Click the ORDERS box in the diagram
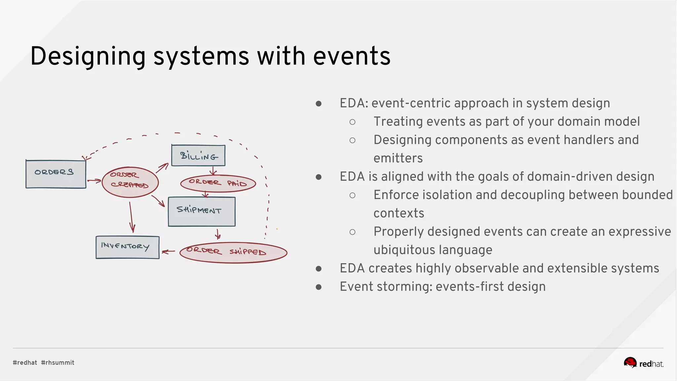pos(56,174)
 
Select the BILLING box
pos(198,155)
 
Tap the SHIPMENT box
pos(202,212)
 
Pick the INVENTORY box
pos(127,247)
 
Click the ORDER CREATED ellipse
pos(130,182)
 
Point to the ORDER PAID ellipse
pos(218,183)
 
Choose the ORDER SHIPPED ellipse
pos(233,253)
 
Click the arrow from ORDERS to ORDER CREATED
pos(94,181)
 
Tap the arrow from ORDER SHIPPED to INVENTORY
pos(169,252)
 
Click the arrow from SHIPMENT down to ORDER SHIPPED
pos(218,234)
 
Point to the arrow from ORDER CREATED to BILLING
pos(162,168)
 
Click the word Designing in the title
pos(88,56)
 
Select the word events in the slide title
pos(352,56)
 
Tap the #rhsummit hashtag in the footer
pos(58,362)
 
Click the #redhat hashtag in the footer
pos(25,362)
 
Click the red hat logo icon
pos(630,362)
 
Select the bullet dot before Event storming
pos(319,287)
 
